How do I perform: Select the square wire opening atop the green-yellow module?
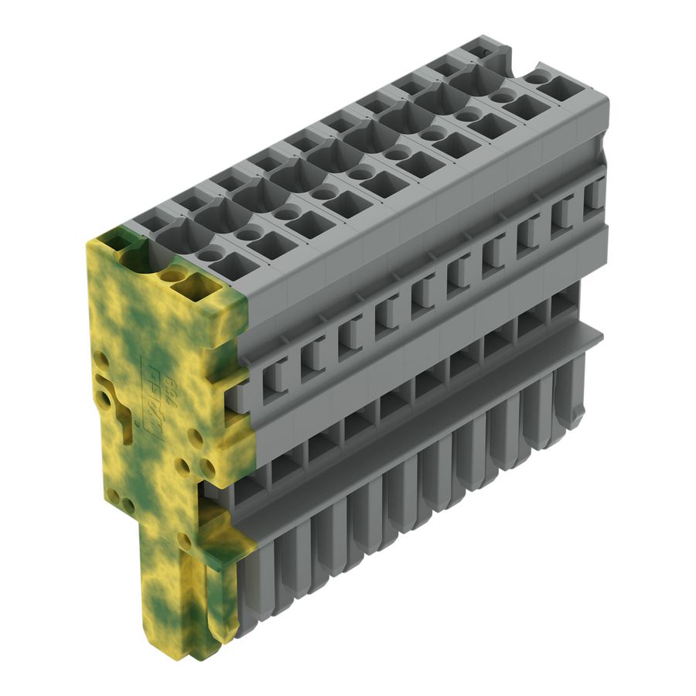(193, 288)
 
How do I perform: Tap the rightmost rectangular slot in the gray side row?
(595, 193)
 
